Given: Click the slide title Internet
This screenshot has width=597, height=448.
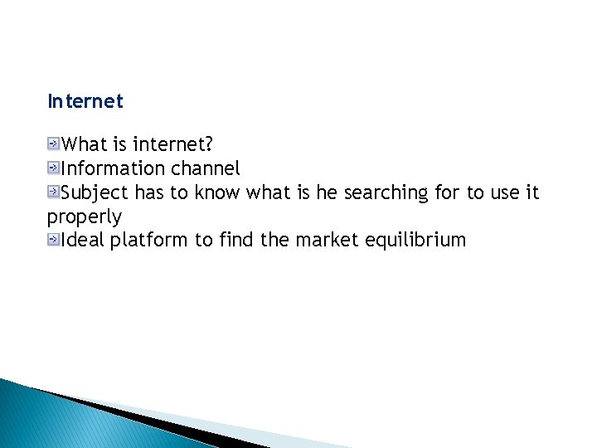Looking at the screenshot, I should tap(85, 102).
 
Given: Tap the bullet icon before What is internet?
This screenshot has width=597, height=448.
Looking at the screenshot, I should tap(54, 144).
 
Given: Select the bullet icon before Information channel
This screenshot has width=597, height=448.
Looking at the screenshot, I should tap(54, 168).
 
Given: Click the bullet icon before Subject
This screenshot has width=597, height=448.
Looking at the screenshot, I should tap(54, 192).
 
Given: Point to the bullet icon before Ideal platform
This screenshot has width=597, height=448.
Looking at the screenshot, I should tap(54, 241).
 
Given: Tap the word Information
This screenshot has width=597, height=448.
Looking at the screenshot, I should tap(114, 168).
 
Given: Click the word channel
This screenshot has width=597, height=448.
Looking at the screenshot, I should tap(206, 168).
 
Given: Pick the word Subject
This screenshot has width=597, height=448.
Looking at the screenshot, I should tap(95, 192).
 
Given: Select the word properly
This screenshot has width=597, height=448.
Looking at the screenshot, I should tap(85, 217).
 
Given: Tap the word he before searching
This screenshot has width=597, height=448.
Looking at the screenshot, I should tap(327, 192).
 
